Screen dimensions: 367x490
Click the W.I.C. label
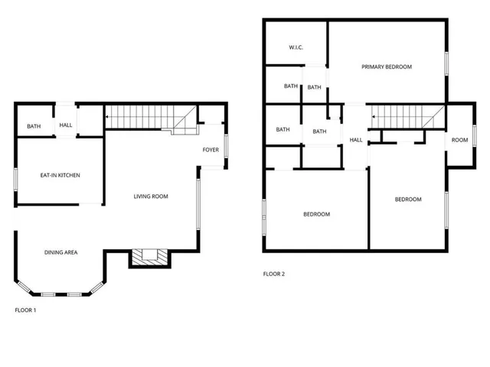(296, 47)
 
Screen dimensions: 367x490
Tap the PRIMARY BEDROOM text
(387, 67)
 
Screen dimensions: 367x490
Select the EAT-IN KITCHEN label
(60, 175)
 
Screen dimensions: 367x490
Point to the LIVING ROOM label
(151, 196)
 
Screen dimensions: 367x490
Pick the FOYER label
(211, 149)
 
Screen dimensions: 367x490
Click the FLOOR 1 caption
(25, 310)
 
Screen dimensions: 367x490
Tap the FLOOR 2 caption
(273, 273)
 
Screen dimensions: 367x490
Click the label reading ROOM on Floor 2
(459, 140)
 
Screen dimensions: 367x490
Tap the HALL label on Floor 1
(66, 125)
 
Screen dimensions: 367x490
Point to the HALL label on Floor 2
(356, 140)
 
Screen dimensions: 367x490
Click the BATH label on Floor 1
(34, 127)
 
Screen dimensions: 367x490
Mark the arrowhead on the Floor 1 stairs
(108, 117)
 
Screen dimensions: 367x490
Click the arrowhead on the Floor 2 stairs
(374, 117)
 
